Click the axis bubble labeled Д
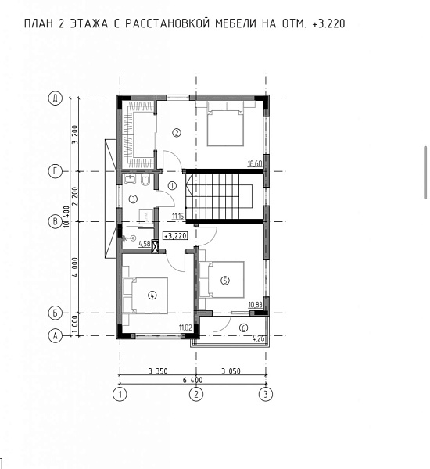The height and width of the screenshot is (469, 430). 55,98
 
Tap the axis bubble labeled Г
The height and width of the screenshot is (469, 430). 55,171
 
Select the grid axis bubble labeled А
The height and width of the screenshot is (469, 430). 55,336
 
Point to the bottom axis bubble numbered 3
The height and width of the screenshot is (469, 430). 266,394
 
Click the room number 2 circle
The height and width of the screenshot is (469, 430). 177,133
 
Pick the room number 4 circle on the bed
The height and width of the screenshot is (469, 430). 152,295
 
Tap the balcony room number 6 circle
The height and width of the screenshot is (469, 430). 244,328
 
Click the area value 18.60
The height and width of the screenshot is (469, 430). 255,163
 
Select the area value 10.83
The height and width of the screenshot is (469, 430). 255,305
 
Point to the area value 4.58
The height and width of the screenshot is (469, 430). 145,244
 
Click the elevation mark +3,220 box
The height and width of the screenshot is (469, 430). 175,236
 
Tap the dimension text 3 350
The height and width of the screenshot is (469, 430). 158,371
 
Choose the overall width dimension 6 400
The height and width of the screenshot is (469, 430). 192,380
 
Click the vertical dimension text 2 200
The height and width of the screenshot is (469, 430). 75,196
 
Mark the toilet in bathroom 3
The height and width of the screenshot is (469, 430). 145,180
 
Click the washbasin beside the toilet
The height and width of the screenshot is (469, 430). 130,180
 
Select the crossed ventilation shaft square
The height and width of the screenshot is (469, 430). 155,247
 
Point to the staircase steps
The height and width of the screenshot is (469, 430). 218,196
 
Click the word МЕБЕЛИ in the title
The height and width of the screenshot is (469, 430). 236,23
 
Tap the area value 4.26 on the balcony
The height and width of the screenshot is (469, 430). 258,339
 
